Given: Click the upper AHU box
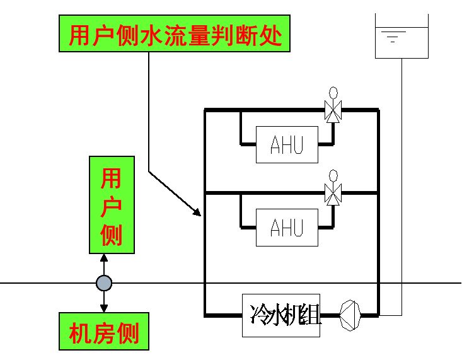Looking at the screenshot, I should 287,144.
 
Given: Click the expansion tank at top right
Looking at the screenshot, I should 401,36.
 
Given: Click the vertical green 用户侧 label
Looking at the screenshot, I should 112,205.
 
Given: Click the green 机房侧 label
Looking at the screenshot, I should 104,331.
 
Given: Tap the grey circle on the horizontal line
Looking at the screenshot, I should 104,283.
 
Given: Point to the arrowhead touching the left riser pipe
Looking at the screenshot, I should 197,212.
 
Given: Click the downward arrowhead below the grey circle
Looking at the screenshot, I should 104,308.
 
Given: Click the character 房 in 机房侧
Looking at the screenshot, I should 104,331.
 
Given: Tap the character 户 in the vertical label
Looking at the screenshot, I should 112,206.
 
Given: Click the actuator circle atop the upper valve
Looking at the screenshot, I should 333,92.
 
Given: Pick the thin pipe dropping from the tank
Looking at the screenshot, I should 401,189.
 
